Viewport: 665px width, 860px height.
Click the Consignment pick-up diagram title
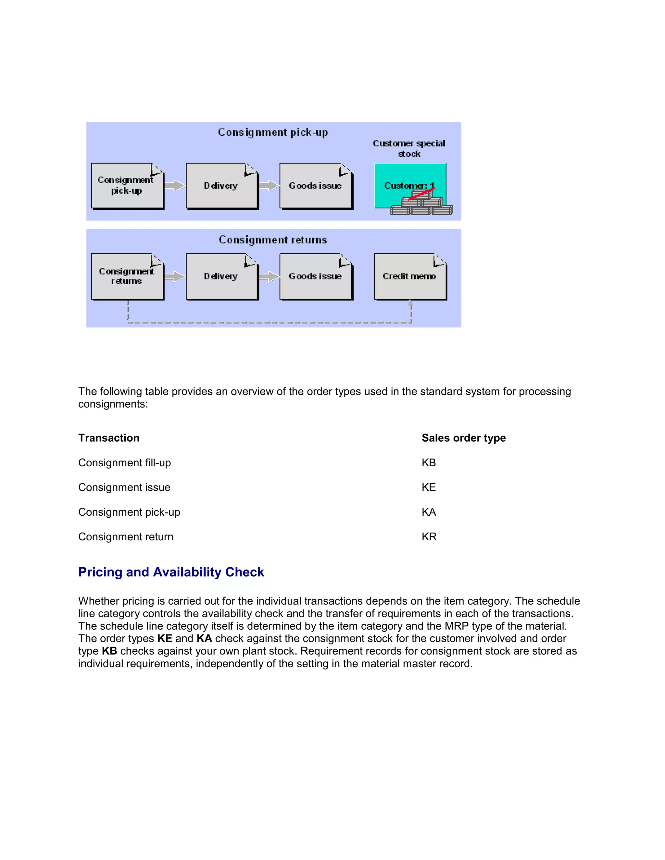[273, 132]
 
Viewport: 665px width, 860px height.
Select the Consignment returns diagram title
[273, 240]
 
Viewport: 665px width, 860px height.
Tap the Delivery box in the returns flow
[221, 276]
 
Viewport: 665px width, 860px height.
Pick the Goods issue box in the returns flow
[315, 276]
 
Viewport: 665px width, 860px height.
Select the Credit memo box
[410, 276]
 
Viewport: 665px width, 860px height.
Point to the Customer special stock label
[409, 148]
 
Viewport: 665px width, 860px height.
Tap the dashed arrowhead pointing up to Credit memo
[410, 304]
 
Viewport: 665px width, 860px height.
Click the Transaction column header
[109, 438]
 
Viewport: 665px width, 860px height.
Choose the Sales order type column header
[464, 438]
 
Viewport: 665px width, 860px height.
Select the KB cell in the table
[429, 463]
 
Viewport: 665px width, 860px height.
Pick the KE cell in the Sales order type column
[429, 487]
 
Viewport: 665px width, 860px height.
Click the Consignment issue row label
[124, 487]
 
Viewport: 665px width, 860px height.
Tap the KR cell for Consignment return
[429, 537]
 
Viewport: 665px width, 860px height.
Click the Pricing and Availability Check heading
[171, 572]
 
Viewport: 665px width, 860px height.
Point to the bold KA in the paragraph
[204, 638]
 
